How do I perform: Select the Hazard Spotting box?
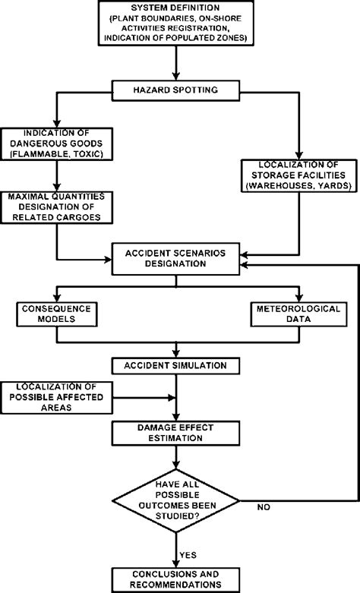[176, 90]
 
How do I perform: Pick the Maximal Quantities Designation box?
[56, 207]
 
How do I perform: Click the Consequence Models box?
[55, 315]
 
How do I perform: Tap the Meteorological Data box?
[296, 315]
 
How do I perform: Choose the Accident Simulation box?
[176, 366]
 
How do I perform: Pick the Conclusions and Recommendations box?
[176, 578]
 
